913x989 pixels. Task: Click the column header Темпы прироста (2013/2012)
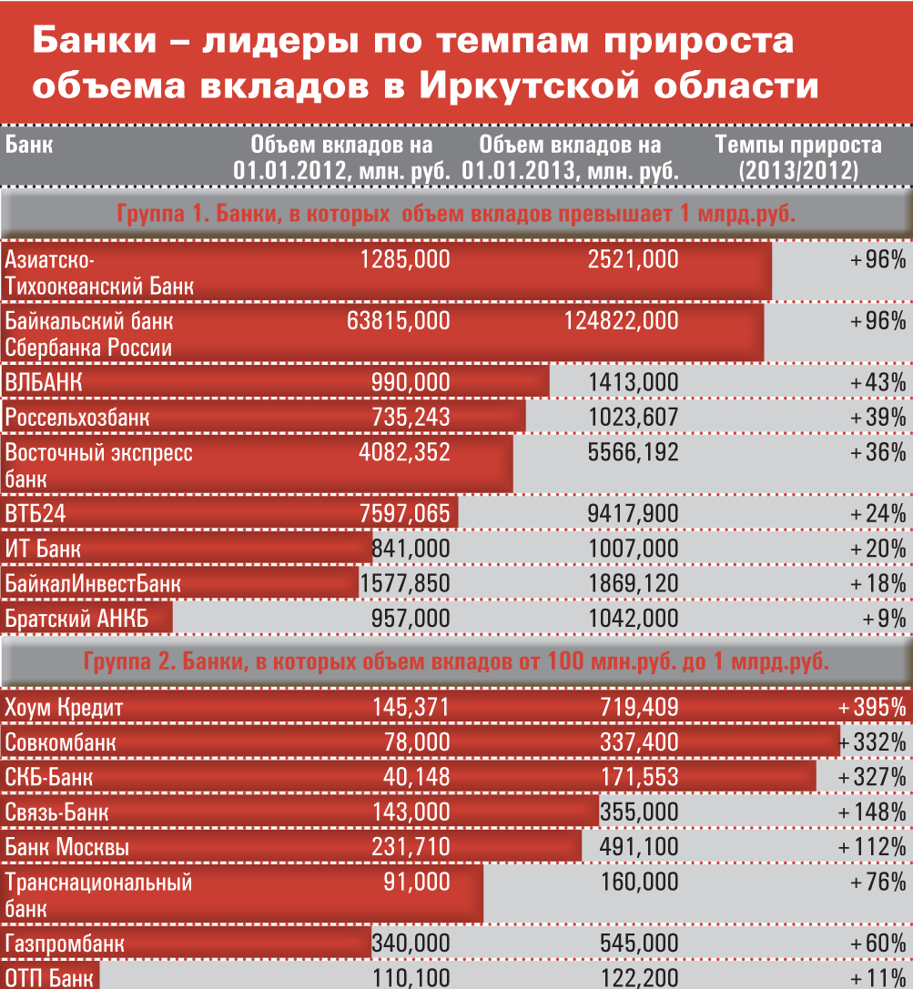pyautogui.click(x=797, y=156)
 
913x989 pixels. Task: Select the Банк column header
pyautogui.click(x=29, y=145)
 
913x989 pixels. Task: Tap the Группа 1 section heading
pyautogui.click(x=456, y=215)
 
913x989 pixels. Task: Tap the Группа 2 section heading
pyautogui.click(x=456, y=661)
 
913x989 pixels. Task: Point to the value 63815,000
pyautogui.click(x=399, y=319)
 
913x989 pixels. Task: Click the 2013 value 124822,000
pyautogui.click(x=622, y=319)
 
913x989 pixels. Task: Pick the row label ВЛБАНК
pyautogui.click(x=44, y=382)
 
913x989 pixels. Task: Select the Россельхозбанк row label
pyautogui.click(x=77, y=418)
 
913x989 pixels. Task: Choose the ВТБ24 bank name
pyautogui.click(x=36, y=514)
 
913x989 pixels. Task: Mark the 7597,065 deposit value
pyautogui.click(x=405, y=514)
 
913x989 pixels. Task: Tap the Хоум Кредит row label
pyautogui.click(x=64, y=707)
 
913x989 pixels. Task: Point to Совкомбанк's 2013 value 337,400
pyautogui.click(x=639, y=742)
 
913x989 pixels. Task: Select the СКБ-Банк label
pyautogui.click(x=49, y=778)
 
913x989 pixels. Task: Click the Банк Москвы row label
pyautogui.click(x=67, y=848)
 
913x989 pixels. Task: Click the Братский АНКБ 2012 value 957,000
pyautogui.click(x=411, y=619)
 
